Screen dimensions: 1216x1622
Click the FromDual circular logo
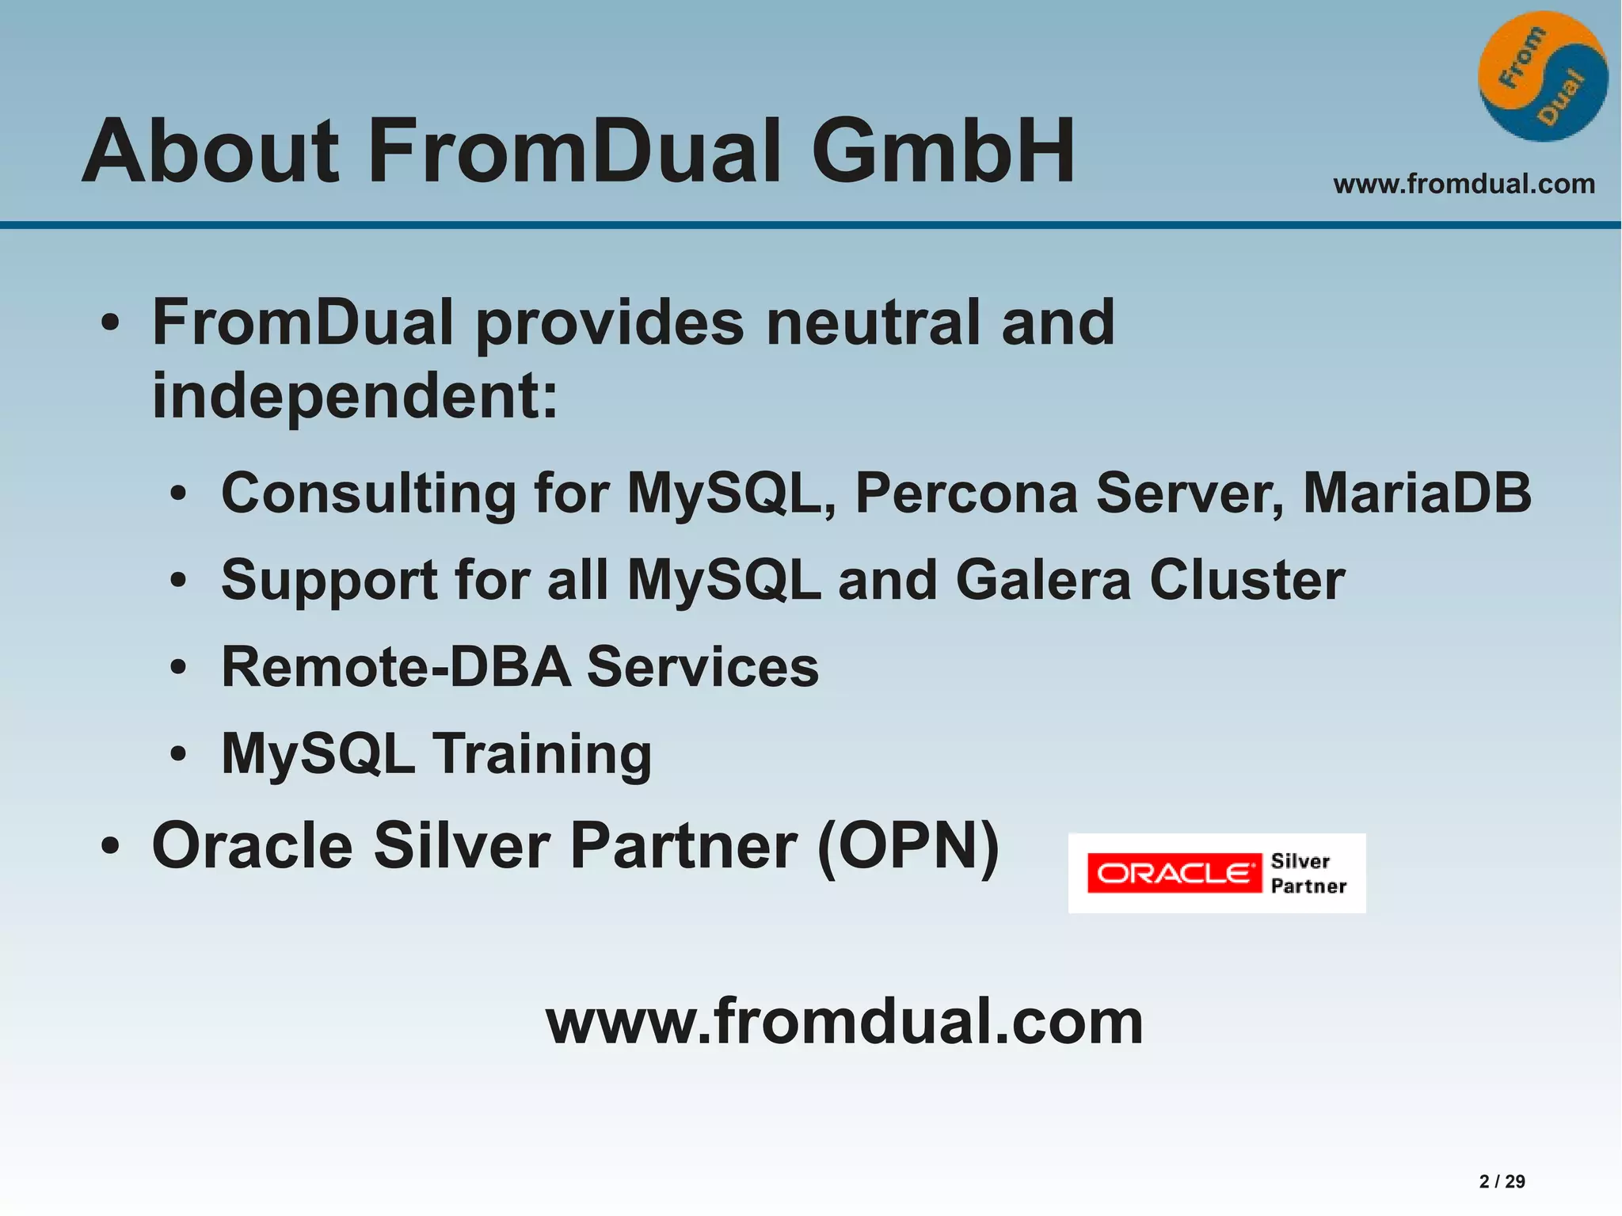pos(1542,76)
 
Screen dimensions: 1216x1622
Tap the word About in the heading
pos(211,151)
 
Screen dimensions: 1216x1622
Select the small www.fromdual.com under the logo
pos(1464,185)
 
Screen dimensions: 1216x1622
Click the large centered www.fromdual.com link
pos(844,1022)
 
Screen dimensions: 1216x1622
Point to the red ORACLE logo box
pos(1174,873)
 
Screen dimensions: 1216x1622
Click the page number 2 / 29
pos(1502,1181)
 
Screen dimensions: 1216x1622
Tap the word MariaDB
pos(1417,493)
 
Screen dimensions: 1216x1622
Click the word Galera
pos(1043,580)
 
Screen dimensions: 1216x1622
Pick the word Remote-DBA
pos(395,666)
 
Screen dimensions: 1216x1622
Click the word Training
pos(543,754)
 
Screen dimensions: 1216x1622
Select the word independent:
pos(355,396)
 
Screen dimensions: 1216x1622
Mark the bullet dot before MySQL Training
pos(178,753)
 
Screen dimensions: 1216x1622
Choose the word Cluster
pos(1247,580)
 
